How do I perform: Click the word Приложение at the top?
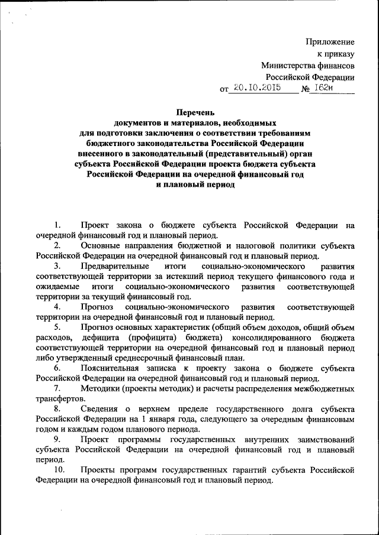coord(330,41)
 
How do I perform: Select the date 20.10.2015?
coord(256,89)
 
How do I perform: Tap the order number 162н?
coord(326,89)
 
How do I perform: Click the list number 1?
coord(57,225)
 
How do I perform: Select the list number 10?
coord(59,470)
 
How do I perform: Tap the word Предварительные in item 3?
coord(111,267)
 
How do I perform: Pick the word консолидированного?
coord(272,337)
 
